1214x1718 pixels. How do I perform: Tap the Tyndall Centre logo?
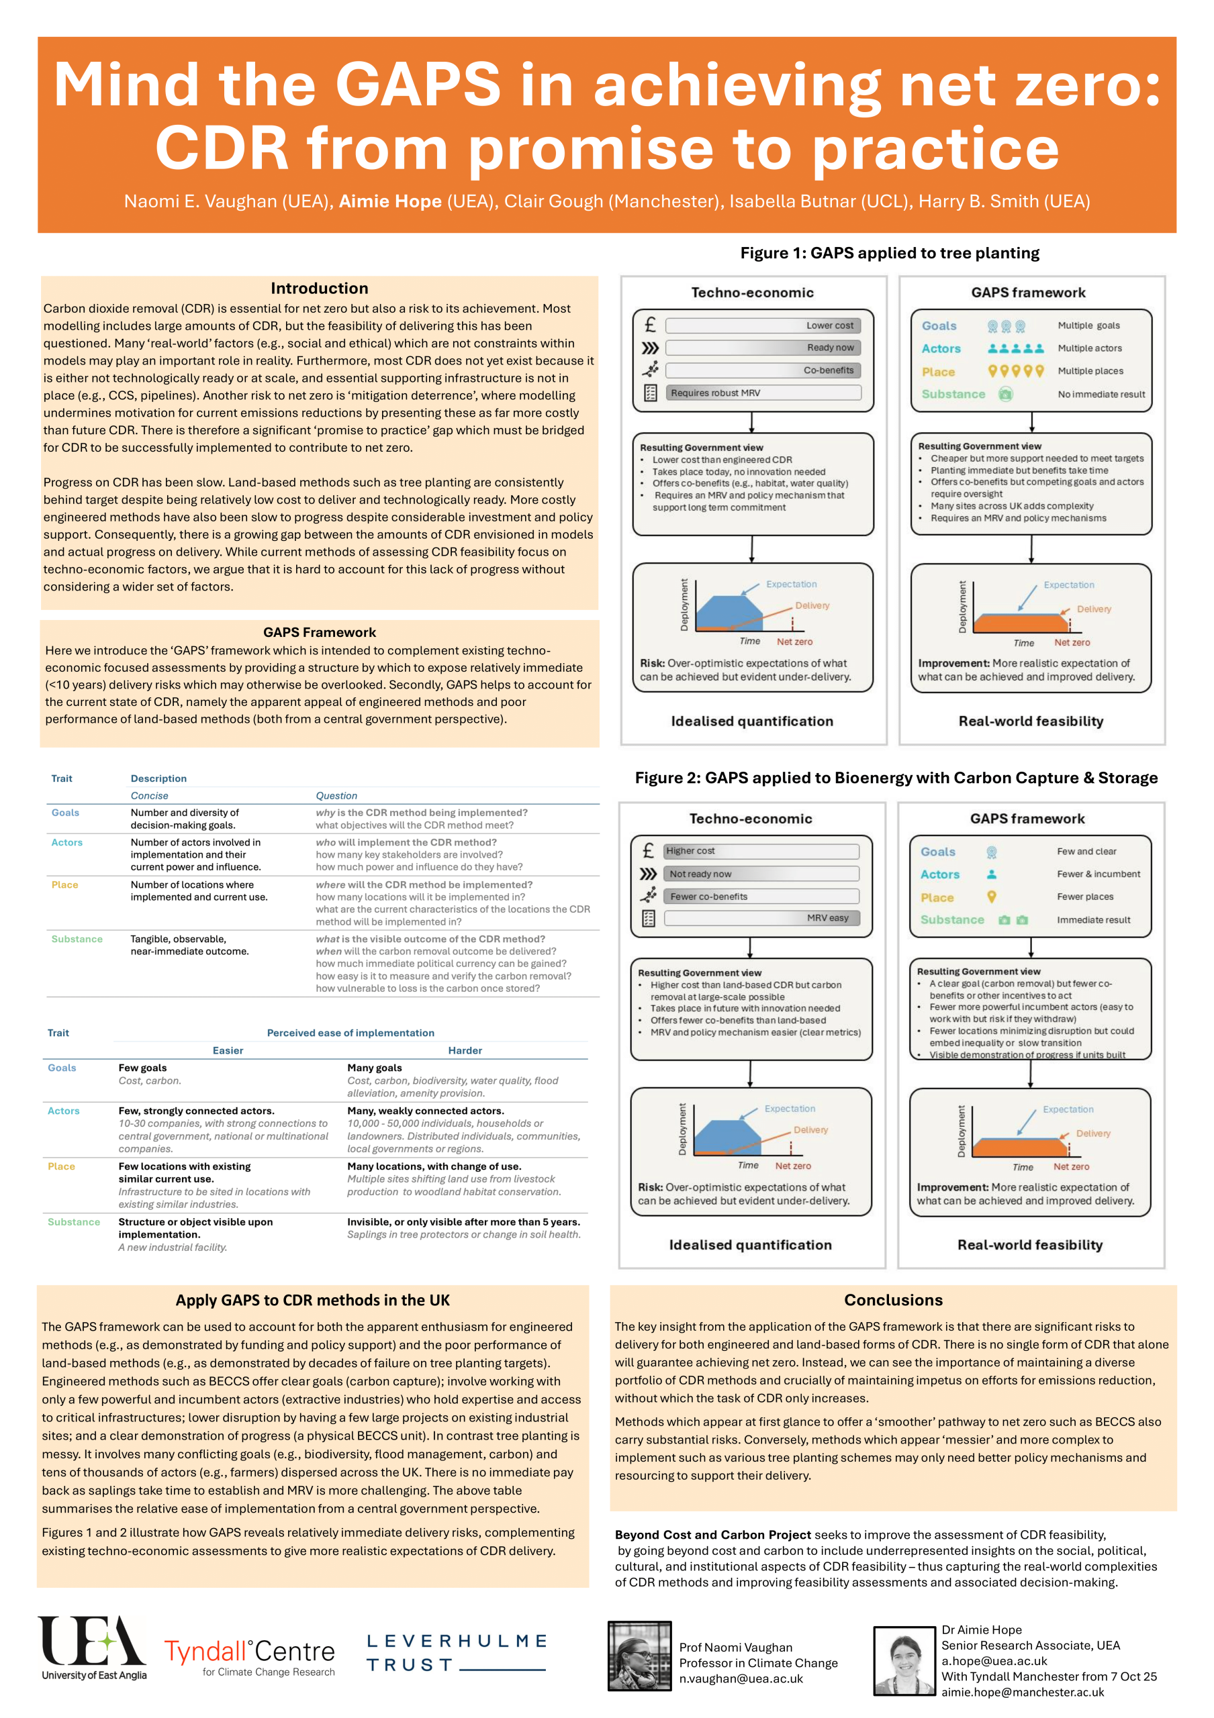coord(249,1656)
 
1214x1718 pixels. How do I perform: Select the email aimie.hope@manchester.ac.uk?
coord(1023,1692)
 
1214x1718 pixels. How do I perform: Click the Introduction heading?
coord(319,288)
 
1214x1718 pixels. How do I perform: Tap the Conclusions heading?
coord(893,1300)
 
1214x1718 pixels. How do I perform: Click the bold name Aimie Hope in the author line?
coord(390,201)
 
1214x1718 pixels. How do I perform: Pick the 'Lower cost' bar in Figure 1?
coord(763,325)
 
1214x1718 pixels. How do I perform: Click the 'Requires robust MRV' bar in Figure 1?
coord(763,393)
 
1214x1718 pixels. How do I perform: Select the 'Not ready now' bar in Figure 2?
coord(761,874)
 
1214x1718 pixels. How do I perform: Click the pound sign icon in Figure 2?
coord(648,851)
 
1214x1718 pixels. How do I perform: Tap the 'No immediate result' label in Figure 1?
coord(1101,395)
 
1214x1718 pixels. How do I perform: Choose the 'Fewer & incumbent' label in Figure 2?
coord(1098,874)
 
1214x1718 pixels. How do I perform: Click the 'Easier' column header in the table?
coord(228,1050)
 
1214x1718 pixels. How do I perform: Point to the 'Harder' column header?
coord(465,1050)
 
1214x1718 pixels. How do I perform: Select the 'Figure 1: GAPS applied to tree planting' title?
coord(889,253)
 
